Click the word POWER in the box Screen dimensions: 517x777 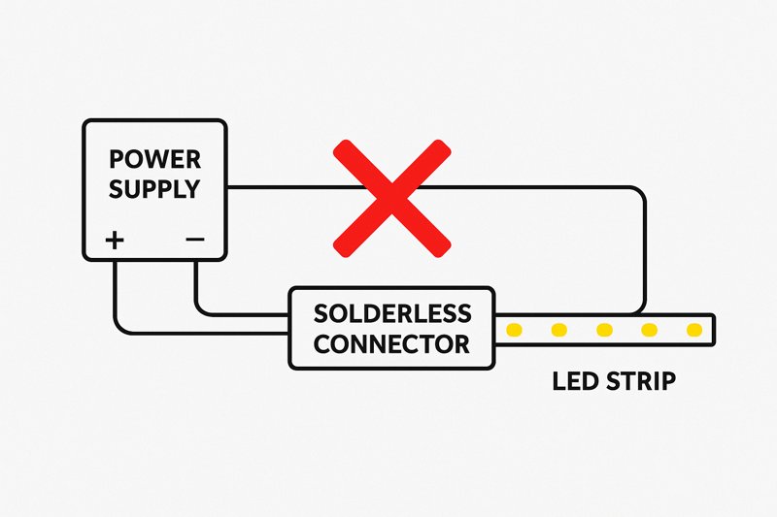pos(154,159)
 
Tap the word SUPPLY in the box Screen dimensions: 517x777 pos(154,188)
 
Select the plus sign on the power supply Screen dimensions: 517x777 pos(115,240)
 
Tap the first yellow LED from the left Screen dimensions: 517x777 pos(515,331)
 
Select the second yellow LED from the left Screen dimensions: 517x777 pos(559,331)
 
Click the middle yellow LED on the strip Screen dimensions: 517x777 pos(604,331)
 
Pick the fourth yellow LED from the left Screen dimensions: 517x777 pos(649,331)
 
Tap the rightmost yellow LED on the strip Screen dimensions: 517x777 pos(693,331)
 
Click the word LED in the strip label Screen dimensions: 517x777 pos(574,380)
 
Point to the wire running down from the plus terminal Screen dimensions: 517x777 pos(115,291)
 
